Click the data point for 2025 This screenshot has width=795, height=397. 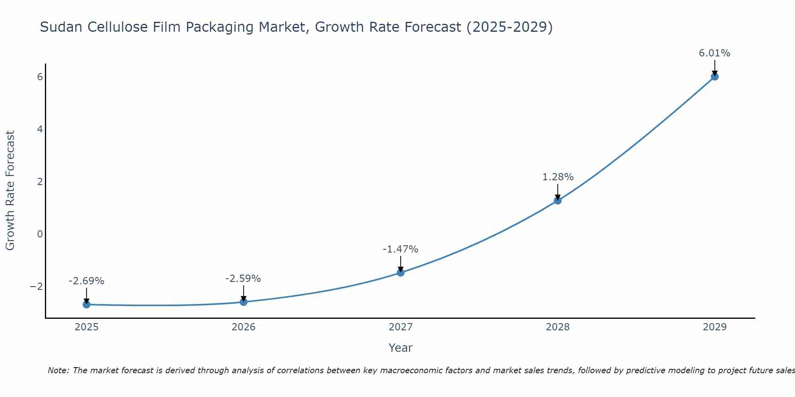[x=87, y=304]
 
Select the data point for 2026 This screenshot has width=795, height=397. [x=244, y=302]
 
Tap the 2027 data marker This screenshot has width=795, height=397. [x=401, y=272]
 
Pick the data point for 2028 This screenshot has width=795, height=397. [x=558, y=200]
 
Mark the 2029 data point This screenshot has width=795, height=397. [x=715, y=77]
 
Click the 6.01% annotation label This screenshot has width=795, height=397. [x=715, y=53]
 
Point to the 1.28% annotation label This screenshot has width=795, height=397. [x=558, y=177]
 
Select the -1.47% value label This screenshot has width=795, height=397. [x=400, y=249]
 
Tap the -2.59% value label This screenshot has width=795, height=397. [x=243, y=279]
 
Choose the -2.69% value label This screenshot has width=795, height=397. [x=86, y=281]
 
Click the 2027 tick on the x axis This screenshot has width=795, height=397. [x=401, y=327]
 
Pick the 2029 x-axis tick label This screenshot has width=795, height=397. [x=715, y=327]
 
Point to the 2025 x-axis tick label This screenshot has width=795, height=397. [x=87, y=327]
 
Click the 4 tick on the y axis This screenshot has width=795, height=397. [x=40, y=129]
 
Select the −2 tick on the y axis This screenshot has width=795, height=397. [x=36, y=286]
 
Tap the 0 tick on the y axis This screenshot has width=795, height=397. [x=40, y=234]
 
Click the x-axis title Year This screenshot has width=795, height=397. [x=401, y=348]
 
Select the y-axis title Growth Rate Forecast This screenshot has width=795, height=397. [x=10, y=191]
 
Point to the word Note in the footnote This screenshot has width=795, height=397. [x=58, y=370]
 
